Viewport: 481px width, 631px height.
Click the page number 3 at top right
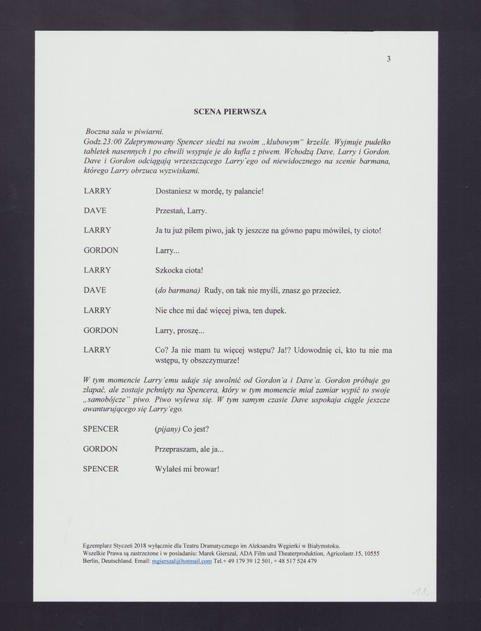388,59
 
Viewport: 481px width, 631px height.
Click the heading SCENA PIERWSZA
230,111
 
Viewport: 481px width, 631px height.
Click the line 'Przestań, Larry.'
181,210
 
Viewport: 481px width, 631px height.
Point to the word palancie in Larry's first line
242,191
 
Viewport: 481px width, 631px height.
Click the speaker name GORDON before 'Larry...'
101,250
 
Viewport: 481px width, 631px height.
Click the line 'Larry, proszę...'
179,330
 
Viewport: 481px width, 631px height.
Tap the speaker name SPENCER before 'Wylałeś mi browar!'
101,468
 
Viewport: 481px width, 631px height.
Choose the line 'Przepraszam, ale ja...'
188,449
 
